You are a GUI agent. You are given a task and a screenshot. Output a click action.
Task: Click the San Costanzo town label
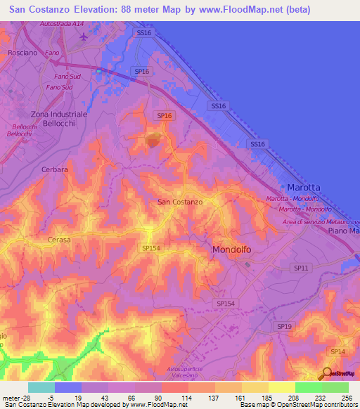click(180, 202)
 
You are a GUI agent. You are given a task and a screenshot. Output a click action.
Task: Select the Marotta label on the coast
click(304, 188)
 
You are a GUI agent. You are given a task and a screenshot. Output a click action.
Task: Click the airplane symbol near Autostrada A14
click(84, 36)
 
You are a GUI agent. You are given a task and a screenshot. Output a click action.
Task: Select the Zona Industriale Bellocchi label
click(59, 118)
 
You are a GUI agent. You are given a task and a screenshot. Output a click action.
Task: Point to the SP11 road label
click(301, 268)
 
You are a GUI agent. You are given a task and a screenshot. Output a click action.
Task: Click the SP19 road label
click(284, 327)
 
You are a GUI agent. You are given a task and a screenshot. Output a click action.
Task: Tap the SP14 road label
click(337, 351)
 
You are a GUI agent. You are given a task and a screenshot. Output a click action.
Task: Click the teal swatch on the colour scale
click(41, 387)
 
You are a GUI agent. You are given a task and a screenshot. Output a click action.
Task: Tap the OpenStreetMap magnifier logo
click(326, 373)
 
